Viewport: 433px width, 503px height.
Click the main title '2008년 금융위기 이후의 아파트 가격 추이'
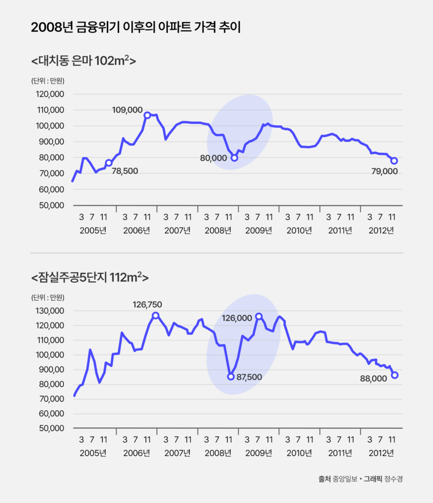click(135, 28)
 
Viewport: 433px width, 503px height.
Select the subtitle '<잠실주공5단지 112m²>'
click(90, 278)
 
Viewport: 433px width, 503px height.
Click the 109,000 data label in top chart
click(127, 110)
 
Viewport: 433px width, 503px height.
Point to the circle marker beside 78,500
click(109, 163)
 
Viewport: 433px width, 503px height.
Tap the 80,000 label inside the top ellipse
click(213, 159)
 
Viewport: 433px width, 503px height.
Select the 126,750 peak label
click(147, 305)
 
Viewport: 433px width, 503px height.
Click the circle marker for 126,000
click(259, 316)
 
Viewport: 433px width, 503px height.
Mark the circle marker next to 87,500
click(231, 377)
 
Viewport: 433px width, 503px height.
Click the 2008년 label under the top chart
click(217, 230)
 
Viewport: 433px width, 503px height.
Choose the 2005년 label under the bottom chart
click(93, 452)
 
